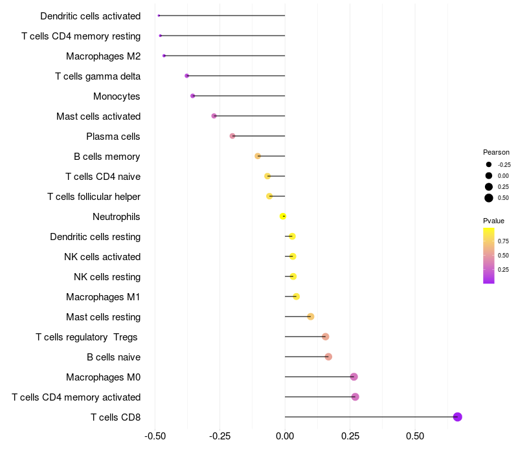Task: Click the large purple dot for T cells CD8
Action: click(x=458, y=417)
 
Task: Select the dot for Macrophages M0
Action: click(x=354, y=377)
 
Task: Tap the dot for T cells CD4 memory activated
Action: click(x=355, y=397)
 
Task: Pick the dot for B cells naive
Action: click(x=328, y=357)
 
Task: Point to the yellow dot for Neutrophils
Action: click(x=282, y=216)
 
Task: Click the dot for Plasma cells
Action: click(x=232, y=136)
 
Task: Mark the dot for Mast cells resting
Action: click(x=310, y=316)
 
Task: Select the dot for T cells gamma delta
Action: click(x=187, y=76)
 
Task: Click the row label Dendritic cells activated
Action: click(x=90, y=16)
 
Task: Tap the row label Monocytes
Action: click(x=117, y=96)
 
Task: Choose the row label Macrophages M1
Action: click(x=103, y=297)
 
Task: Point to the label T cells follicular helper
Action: click(x=94, y=197)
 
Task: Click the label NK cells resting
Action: click(x=107, y=277)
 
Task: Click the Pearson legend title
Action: click(x=496, y=152)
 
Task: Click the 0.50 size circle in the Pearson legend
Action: click(x=489, y=198)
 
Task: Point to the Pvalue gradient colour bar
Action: click(x=489, y=256)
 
